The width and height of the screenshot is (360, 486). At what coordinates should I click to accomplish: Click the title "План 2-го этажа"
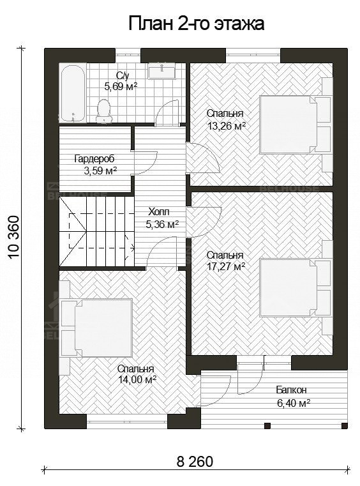coord(196,24)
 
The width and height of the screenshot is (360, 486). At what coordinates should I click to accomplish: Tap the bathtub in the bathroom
coord(73,93)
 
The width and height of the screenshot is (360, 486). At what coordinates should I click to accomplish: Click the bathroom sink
coord(162,72)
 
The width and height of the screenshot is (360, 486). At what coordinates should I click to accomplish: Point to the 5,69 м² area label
coord(121,87)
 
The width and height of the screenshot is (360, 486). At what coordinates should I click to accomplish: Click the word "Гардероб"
coord(94,159)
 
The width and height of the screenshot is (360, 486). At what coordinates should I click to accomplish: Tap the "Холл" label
coord(159,212)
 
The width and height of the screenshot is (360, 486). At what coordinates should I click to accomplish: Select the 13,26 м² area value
coord(227,126)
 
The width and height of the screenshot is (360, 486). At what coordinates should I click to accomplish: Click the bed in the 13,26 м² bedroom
coord(288,125)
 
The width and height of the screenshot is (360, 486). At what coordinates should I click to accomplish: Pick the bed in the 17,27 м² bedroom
coord(288,287)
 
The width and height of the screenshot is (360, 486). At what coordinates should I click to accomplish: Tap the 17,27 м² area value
coord(226,266)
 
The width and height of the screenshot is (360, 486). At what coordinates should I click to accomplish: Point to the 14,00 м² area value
coord(137,379)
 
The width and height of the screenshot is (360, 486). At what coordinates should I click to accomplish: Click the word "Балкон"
coord(291,390)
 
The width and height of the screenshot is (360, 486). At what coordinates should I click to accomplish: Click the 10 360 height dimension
coord(14,236)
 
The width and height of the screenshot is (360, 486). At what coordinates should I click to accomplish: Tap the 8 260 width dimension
coord(195,462)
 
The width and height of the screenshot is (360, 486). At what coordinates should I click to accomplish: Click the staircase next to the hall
coord(96,232)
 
